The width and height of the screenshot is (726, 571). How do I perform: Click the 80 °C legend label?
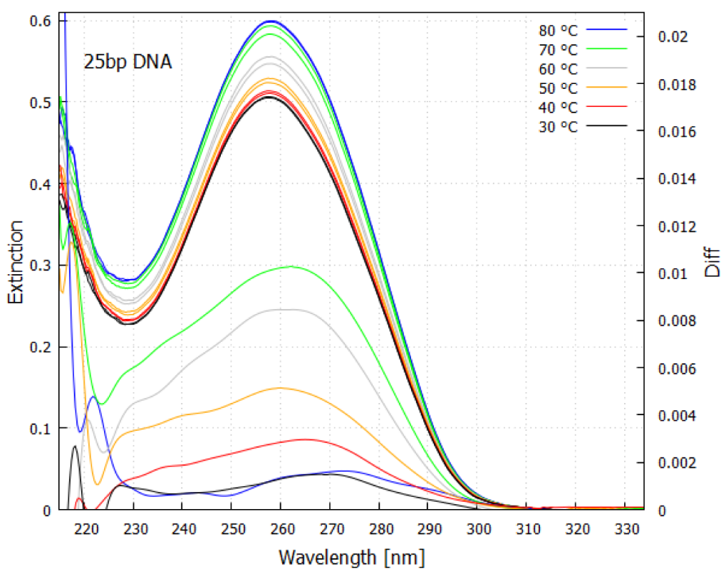click(x=558, y=31)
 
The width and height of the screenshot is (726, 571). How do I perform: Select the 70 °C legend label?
click(x=558, y=50)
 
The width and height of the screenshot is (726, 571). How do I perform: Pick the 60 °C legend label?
click(x=558, y=68)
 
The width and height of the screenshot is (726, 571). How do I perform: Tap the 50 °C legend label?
click(x=558, y=88)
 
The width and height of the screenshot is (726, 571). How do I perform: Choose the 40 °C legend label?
click(x=558, y=107)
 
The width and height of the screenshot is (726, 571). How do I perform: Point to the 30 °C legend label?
click(x=558, y=126)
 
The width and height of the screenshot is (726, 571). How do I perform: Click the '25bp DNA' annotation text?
click(x=128, y=62)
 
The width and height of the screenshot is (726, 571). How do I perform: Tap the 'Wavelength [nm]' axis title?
click(x=353, y=555)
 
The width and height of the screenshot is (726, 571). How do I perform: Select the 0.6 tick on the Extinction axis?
click(x=38, y=21)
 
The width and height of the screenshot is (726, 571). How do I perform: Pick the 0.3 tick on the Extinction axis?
click(x=38, y=266)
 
